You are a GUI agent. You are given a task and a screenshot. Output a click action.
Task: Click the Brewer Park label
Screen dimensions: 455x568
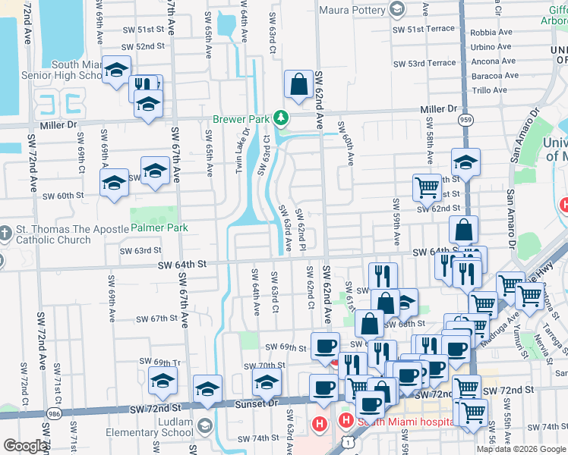(x=241, y=120)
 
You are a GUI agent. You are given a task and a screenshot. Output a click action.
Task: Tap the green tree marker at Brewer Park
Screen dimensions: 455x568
(x=282, y=118)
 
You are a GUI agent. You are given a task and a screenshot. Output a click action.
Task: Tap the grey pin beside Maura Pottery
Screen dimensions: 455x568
(x=396, y=9)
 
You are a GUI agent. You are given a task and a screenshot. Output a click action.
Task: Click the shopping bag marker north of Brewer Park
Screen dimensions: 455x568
(x=299, y=84)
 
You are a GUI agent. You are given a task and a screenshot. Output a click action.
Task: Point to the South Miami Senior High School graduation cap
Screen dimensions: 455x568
(x=116, y=71)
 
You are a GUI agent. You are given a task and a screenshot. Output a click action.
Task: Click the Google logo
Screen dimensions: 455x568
(x=25, y=446)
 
